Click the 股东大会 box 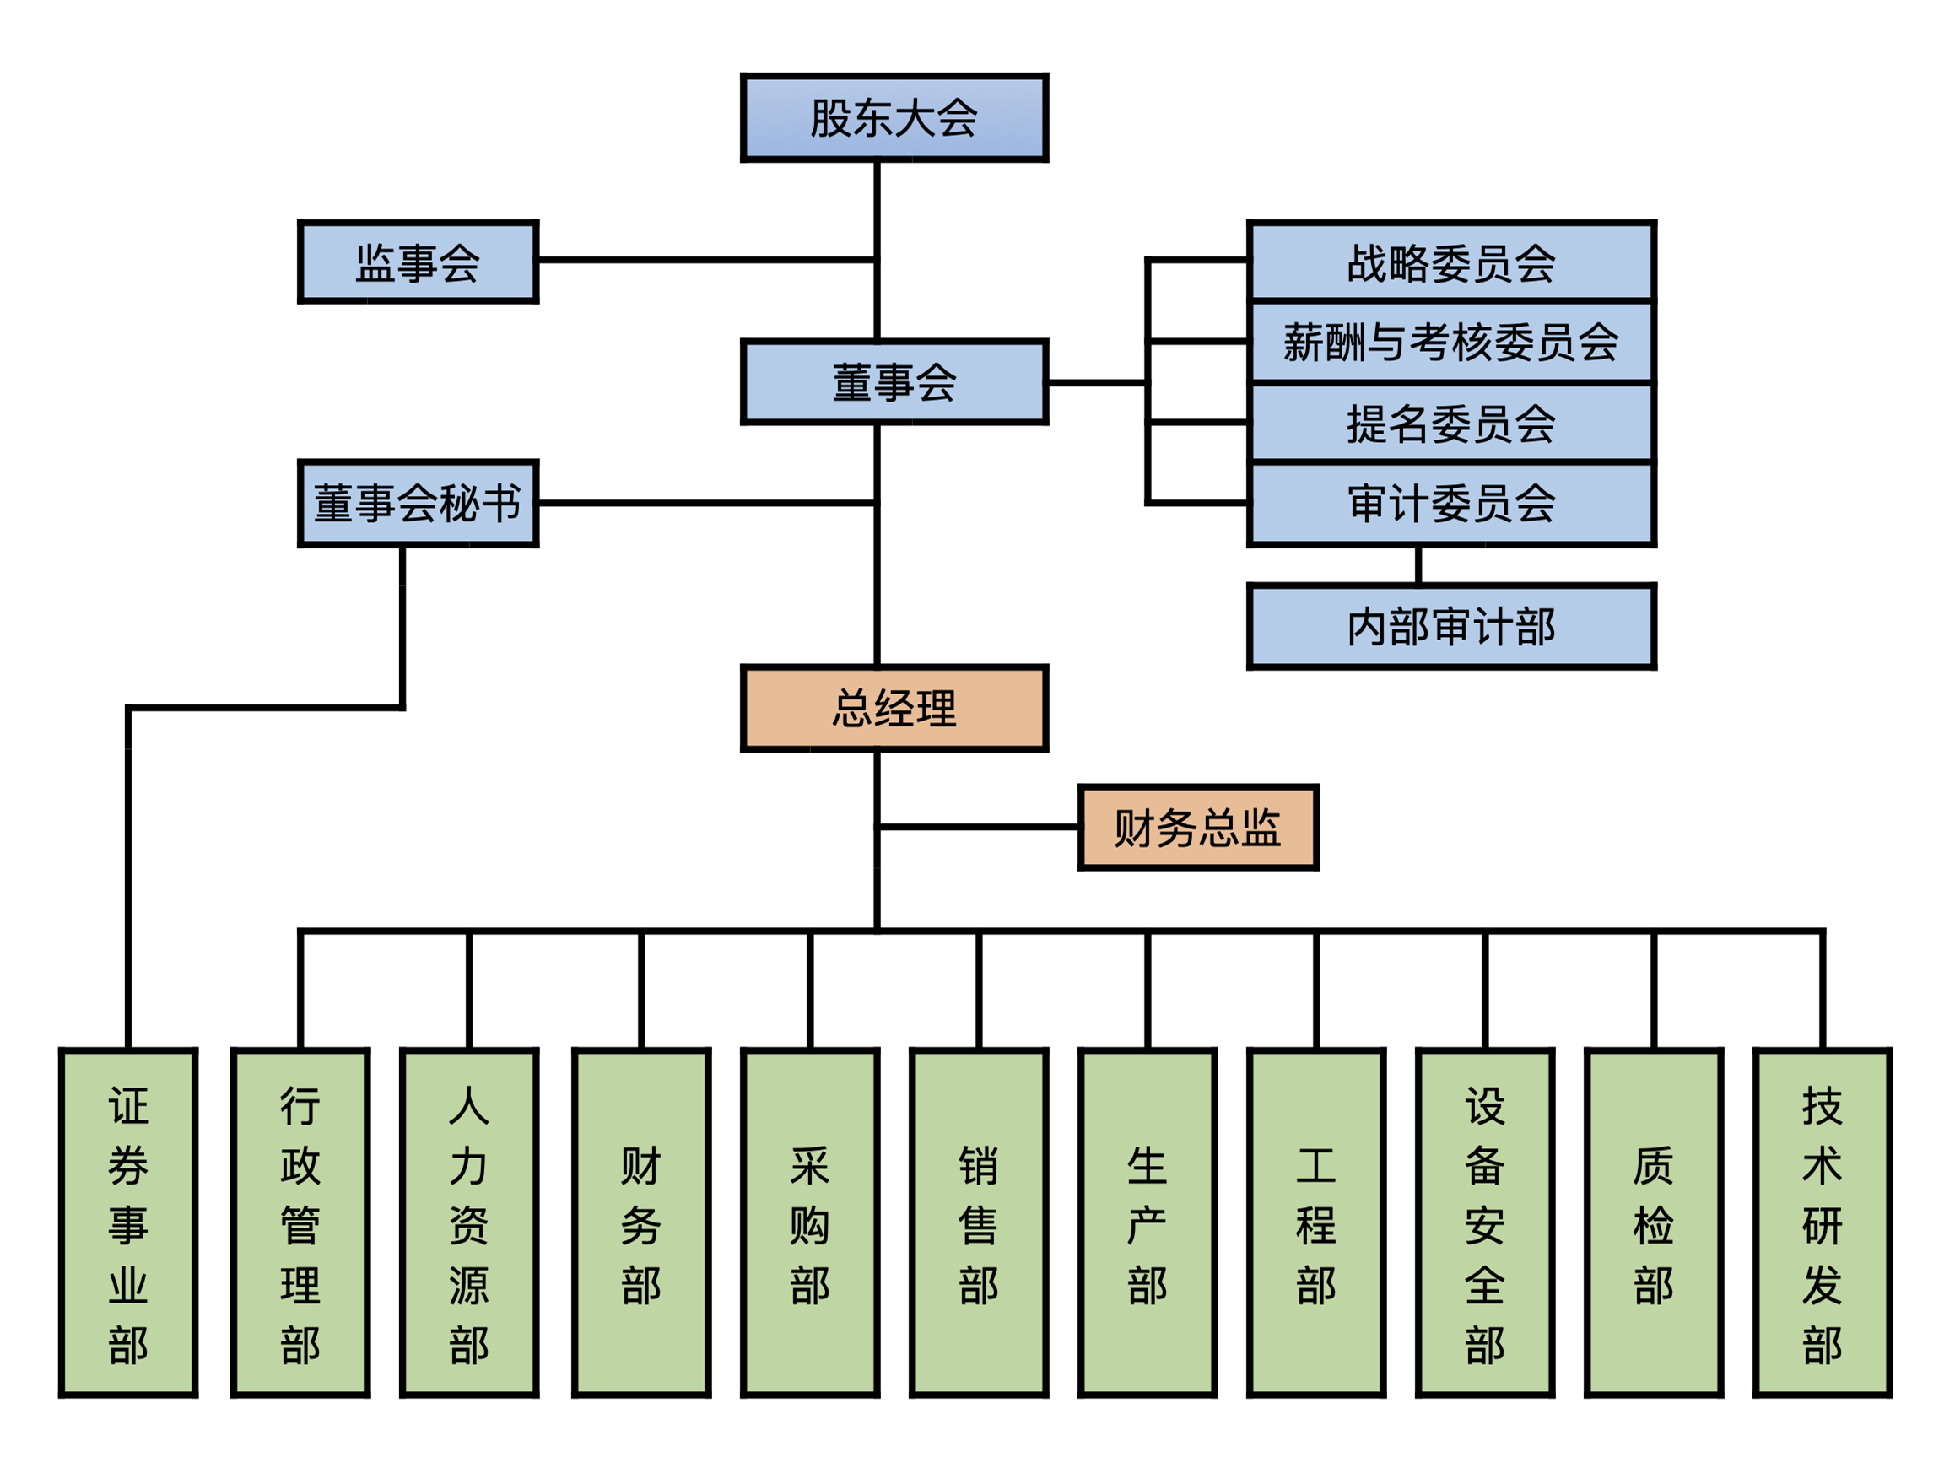point(894,117)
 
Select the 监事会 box point(418,262)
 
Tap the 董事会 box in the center point(894,382)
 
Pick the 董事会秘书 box point(418,503)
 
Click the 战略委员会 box point(1450,262)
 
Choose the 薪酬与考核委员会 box point(1450,342)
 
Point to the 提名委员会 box point(1450,423)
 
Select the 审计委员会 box point(1450,503)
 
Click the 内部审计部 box point(1450,626)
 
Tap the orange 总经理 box point(894,708)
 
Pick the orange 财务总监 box point(1197,828)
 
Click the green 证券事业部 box point(128,1223)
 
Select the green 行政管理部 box point(300,1223)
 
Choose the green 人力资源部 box point(468,1223)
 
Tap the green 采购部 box point(809,1223)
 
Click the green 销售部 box point(979,1223)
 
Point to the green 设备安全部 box point(1485,1223)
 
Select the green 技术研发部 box point(1823,1223)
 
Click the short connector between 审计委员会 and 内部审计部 point(1418,564)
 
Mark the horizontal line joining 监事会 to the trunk point(707,260)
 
